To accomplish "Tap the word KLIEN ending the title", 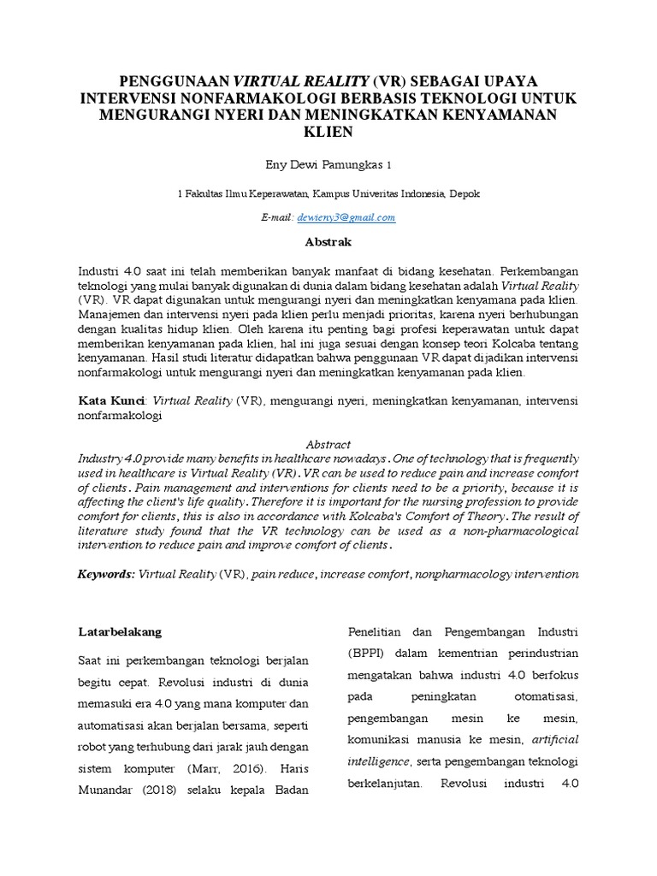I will (328, 134).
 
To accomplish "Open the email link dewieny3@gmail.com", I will (346, 217).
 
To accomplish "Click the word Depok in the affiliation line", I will (465, 194).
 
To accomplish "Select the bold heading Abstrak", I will (328, 242).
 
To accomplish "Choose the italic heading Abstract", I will (328, 445).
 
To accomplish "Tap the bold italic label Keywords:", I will (105, 575).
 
